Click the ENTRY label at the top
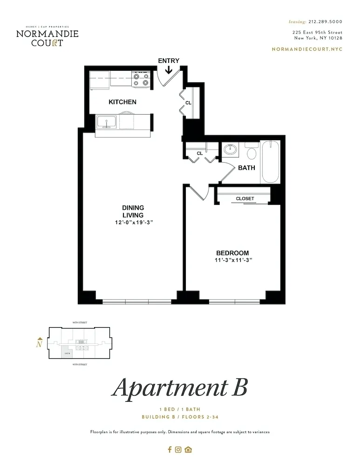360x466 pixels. pos(168,61)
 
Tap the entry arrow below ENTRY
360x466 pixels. pos(168,70)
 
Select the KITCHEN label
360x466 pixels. pos(122,102)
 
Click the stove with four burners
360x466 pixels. pos(141,79)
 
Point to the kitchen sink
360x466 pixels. pos(107,123)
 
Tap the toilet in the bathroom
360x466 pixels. pos(251,152)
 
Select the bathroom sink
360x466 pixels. pos(230,150)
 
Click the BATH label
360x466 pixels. pos(246,168)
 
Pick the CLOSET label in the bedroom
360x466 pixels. pos(245,199)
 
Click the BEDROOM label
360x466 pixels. pos(232,253)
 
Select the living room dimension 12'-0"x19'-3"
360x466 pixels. pos(133,222)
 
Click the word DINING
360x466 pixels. pos(133,207)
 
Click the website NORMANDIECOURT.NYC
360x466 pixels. pos(306,49)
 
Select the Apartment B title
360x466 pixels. pos(179,387)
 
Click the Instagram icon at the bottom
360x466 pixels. pos(178,450)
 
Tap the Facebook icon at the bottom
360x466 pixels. pos(170,450)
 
